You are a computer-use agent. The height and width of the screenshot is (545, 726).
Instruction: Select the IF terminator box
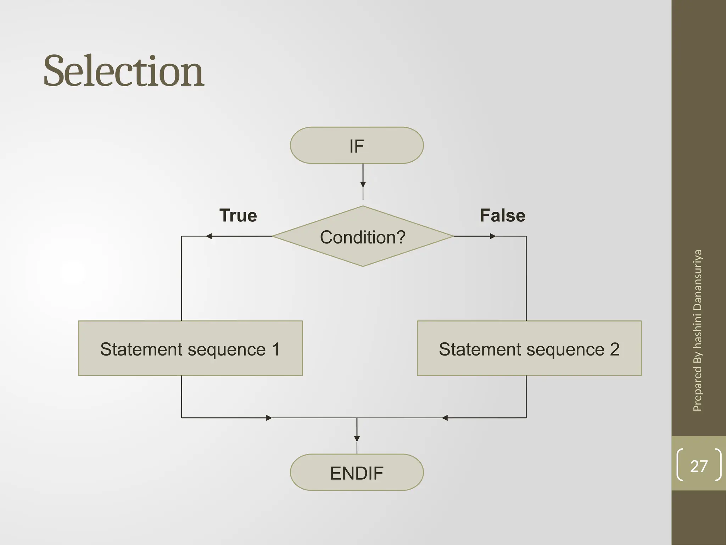[357, 145]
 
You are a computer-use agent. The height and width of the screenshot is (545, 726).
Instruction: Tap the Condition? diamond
[363, 236]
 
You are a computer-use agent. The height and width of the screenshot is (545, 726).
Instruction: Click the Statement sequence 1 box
[190, 348]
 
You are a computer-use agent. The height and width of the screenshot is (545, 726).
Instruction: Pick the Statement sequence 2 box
[529, 348]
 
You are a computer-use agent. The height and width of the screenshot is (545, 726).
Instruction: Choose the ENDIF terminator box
[357, 472]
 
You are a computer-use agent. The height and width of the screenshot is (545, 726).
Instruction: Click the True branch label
[238, 215]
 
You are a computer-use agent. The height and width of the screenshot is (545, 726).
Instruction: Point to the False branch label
[502, 215]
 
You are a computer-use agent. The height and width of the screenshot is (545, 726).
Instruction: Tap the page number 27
[699, 466]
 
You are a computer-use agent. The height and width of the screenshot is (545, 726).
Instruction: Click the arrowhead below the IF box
[363, 184]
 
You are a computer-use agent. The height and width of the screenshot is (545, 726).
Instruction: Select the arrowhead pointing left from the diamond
[209, 236]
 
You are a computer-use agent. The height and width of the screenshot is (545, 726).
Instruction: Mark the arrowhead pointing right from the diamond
[493, 236]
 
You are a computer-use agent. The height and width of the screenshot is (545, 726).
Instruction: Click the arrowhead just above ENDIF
[357, 439]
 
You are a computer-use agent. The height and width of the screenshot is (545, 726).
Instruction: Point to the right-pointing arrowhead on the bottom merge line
[269, 418]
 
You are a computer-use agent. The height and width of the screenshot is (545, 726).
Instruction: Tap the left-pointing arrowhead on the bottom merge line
[445, 418]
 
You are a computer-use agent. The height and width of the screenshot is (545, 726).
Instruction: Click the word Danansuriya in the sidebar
[697, 281]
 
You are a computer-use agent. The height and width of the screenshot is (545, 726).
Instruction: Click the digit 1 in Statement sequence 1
[276, 349]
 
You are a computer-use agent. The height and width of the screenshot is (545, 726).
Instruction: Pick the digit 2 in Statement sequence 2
[614, 349]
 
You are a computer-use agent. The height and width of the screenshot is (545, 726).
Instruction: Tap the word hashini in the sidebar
[697, 332]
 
